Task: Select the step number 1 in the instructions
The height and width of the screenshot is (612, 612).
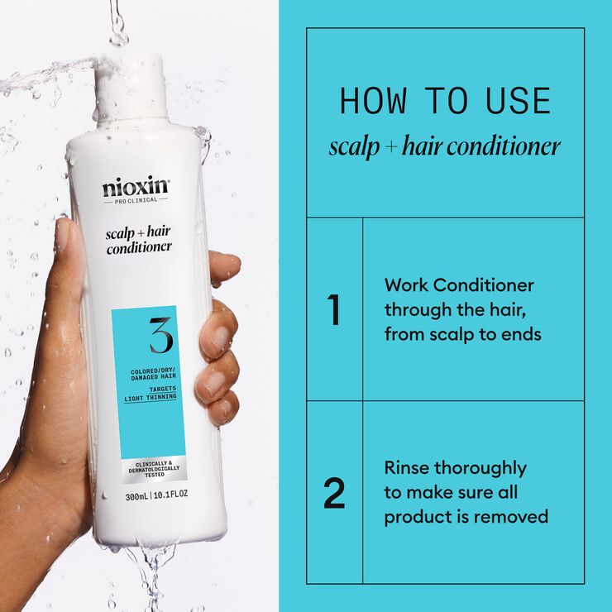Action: click(334, 310)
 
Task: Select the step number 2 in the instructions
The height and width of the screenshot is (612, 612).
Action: click(334, 493)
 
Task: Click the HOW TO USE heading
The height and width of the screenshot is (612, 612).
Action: click(445, 101)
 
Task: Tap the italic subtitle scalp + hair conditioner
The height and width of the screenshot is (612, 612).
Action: click(445, 147)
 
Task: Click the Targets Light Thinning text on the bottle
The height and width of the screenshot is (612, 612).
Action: click(150, 393)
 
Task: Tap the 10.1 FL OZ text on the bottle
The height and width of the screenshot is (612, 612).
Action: click(170, 497)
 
